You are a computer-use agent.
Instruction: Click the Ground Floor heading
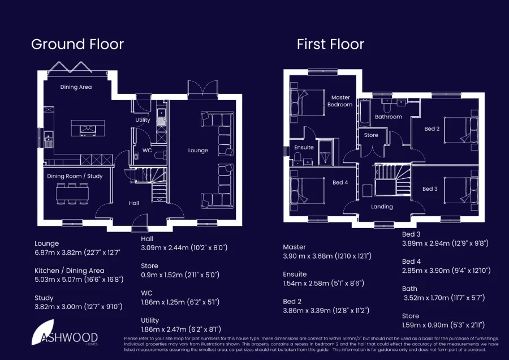point(77,44)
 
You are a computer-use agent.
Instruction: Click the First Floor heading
point(330,44)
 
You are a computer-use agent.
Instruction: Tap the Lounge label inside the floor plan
point(198,151)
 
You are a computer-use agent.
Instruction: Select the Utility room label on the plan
point(143,120)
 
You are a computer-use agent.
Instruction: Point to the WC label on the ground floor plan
point(147,151)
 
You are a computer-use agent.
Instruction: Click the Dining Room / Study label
point(75,176)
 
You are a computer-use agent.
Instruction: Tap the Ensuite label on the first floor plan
point(304,148)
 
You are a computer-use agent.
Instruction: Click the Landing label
point(382,207)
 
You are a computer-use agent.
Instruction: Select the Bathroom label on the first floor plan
point(389,117)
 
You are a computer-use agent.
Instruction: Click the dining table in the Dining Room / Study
point(72,194)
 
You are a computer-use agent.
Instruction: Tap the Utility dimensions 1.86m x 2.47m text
point(180,329)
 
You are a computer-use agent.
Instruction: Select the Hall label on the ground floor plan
point(133,203)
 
